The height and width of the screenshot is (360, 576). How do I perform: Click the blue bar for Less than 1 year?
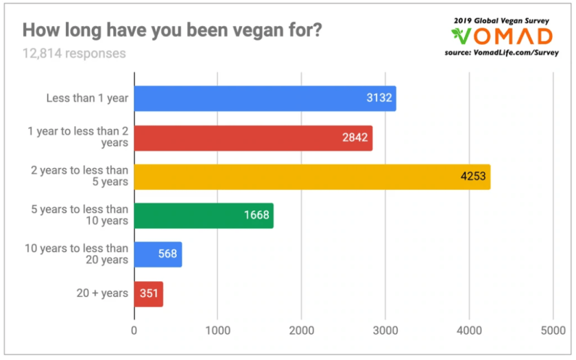pos(265,98)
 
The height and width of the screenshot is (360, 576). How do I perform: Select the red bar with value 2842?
pos(253,137)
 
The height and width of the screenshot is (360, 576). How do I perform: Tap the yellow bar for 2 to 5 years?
pos(312,176)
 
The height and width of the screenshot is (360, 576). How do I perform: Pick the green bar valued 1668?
pos(204,215)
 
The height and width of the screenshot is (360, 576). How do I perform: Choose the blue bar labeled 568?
pos(158,254)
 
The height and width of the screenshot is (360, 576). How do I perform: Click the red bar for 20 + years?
pos(148,293)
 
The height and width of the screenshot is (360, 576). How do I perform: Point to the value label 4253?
pos(473,177)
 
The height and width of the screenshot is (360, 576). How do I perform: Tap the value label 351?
pos(149,294)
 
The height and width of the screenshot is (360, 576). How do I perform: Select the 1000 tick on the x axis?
pos(217,331)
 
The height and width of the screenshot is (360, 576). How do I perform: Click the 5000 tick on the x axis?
pos(552,331)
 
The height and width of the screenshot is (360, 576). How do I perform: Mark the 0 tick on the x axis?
pos(134,331)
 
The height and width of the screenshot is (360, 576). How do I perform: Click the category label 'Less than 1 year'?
pos(87,98)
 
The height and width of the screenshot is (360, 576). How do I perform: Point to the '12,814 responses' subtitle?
pos(74,53)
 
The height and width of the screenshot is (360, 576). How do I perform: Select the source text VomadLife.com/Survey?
pos(523,51)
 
